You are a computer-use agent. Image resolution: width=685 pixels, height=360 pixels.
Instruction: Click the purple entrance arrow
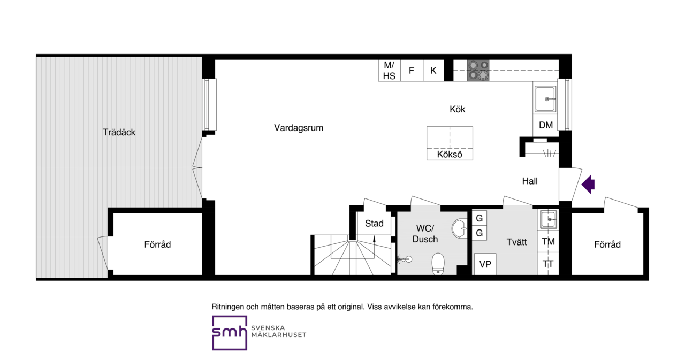[588, 184]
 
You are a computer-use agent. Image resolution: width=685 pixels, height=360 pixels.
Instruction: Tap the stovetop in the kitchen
[478, 71]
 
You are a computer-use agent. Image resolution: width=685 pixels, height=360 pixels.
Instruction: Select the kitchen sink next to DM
[545, 99]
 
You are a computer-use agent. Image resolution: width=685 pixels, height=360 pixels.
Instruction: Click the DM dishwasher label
[546, 125]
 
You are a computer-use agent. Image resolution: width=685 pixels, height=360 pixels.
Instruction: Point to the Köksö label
[450, 155]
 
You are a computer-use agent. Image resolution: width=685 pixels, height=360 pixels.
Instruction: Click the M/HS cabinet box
[389, 71]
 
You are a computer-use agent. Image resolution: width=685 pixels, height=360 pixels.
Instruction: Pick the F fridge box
[412, 71]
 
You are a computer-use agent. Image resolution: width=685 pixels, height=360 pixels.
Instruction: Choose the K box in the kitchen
[433, 71]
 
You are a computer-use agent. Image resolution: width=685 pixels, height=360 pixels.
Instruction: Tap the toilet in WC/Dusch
[438, 264]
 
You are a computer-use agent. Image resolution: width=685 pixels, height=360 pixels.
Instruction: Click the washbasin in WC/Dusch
[459, 228]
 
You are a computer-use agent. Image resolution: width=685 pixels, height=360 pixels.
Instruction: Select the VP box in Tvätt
[485, 264]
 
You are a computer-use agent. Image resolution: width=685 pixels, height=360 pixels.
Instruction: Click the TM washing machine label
[549, 242]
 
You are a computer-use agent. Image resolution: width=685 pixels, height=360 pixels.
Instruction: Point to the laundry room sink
[549, 219]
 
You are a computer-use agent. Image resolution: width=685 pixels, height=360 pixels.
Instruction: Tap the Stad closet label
[374, 224]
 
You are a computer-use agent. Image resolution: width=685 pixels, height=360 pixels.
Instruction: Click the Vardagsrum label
[299, 128]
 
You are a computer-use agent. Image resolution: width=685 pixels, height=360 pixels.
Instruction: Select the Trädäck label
[119, 132]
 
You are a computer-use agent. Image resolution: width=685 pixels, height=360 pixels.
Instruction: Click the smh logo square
[230, 333]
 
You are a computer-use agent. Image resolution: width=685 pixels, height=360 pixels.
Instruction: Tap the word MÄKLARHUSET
[279, 335]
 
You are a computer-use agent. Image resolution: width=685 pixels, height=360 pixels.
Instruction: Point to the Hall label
[530, 181]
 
